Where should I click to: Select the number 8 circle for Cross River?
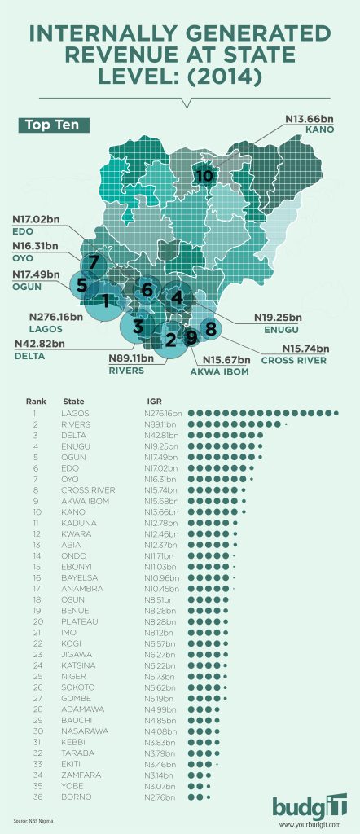click(x=210, y=328)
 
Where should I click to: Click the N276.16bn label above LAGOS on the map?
click(x=55, y=316)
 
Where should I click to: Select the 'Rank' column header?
click(x=36, y=402)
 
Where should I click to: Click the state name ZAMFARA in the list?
click(x=79, y=775)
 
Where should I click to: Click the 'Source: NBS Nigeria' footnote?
click(x=31, y=823)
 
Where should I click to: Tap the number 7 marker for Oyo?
click(x=94, y=262)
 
